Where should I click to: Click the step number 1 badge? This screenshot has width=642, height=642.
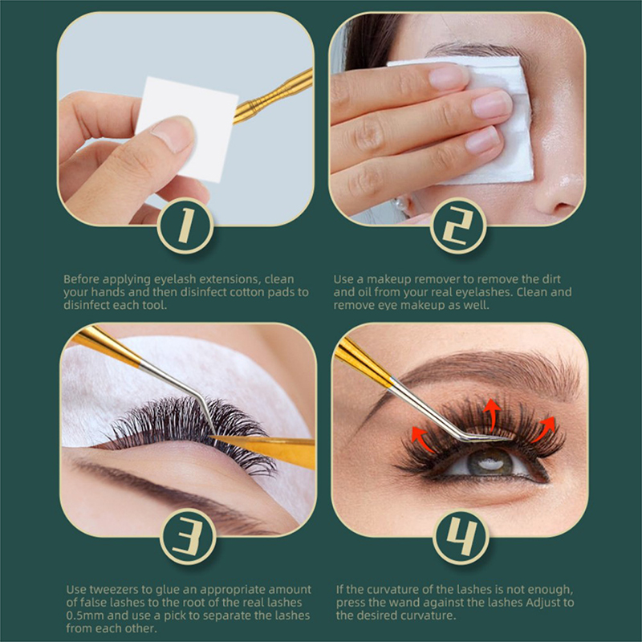(x=185, y=226)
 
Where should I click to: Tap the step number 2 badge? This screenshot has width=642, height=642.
(x=458, y=226)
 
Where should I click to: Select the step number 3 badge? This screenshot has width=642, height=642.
(x=188, y=536)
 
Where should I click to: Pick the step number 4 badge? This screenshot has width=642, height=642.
(x=461, y=536)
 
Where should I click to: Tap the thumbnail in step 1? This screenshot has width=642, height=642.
(x=174, y=134)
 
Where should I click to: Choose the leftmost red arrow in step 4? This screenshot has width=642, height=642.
(x=423, y=439)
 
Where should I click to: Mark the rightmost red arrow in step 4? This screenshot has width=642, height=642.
(x=545, y=429)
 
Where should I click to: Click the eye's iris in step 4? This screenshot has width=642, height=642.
(x=490, y=462)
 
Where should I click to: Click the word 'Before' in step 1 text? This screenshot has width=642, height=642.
(x=82, y=279)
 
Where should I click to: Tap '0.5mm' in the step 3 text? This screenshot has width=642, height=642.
(x=85, y=616)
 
